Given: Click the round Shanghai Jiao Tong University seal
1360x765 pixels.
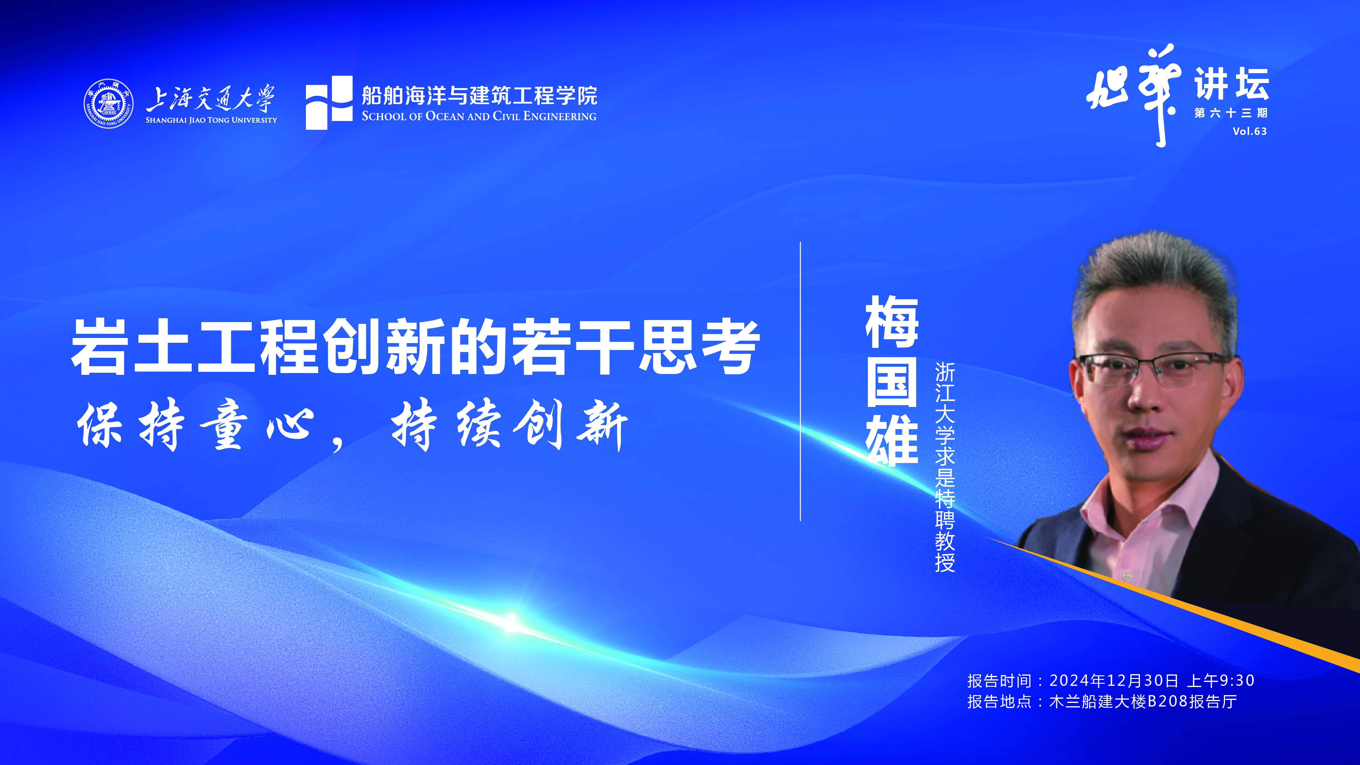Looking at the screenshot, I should (x=108, y=103).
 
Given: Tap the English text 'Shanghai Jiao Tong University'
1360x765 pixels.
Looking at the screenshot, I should (x=211, y=120).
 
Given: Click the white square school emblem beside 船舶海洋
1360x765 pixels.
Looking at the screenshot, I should (x=329, y=103).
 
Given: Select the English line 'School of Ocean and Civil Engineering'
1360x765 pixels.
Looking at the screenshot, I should (x=479, y=116).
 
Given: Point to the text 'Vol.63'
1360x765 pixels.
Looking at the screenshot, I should (x=1249, y=131).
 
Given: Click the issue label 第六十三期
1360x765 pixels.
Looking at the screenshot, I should (x=1230, y=113).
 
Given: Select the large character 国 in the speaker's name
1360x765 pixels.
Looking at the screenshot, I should (x=892, y=381).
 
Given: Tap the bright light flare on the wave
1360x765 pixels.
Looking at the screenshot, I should (x=511, y=621).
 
